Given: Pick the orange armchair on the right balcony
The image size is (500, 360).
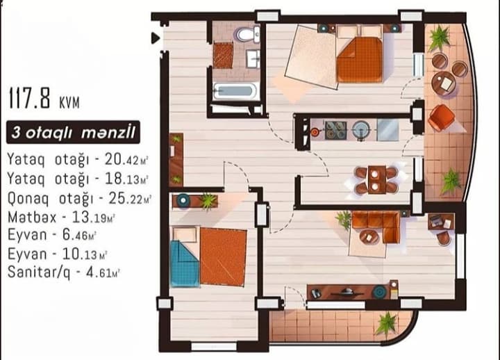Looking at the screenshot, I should [441, 117].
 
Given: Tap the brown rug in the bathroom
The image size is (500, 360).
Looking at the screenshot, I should [222, 56].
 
